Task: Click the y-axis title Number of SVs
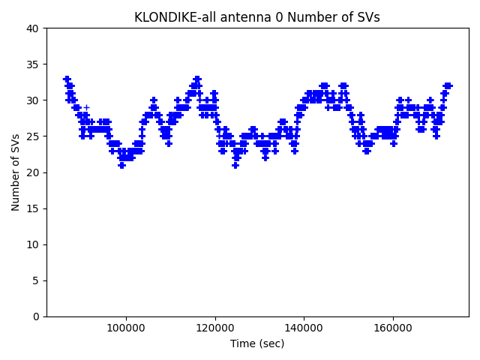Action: click(16, 172)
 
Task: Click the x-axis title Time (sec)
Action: click(257, 343)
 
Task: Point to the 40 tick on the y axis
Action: click(34, 28)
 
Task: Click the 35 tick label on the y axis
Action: click(34, 64)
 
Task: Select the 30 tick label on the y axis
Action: click(34, 100)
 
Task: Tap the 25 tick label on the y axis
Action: click(34, 136)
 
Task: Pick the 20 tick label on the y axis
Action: click(34, 172)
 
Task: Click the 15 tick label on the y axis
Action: click(34, 208)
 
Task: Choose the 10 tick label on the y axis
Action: click(34, 244)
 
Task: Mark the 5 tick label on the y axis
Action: click(37, 280)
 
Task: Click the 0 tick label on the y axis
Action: click(37, 316)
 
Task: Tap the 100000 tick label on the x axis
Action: click(126, 328)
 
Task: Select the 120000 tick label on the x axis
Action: click(215, 328)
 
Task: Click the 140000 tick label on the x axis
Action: click(304, 328)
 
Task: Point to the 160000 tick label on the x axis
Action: click(393, 328)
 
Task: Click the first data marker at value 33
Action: click(66, 79)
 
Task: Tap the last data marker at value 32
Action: click(448, 85)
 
